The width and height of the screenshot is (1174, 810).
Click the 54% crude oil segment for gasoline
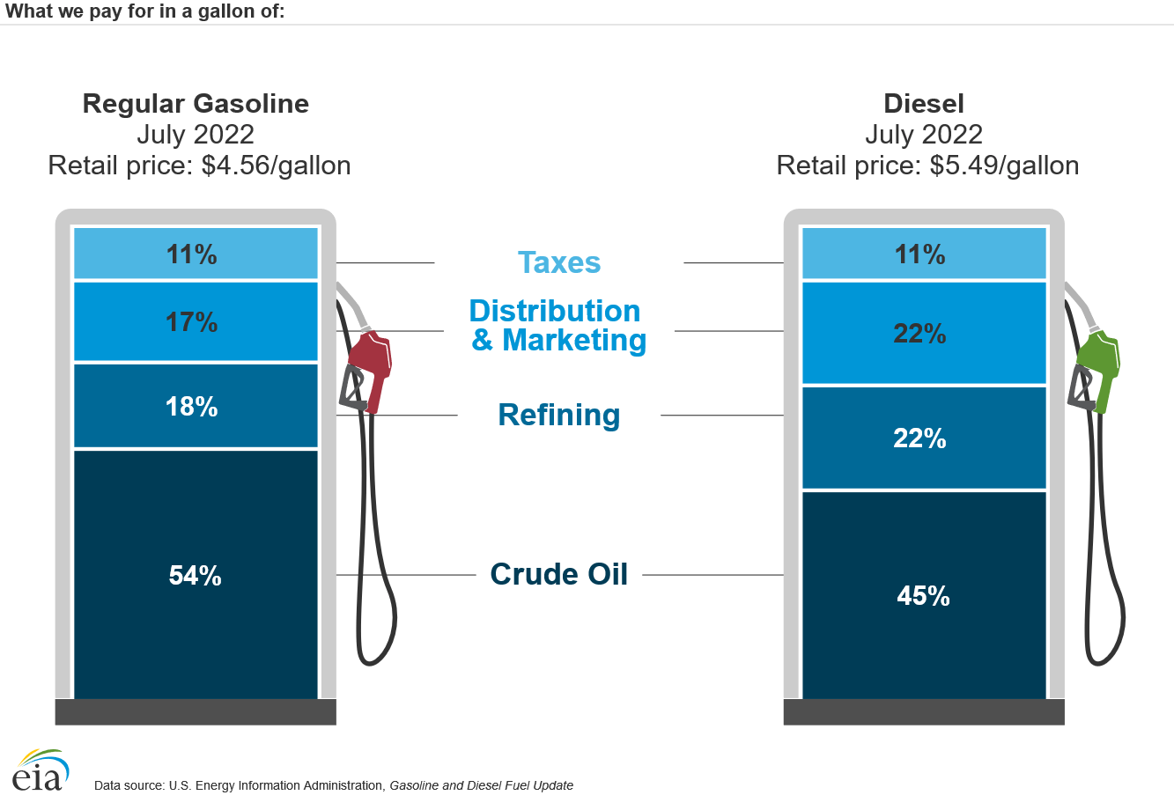pyautogui.click(x=196, y=574)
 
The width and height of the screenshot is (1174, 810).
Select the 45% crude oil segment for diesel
pyautogui.click(x=923, y=595)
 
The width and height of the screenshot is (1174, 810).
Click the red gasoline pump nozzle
pyautogui.click(x=371, y=366)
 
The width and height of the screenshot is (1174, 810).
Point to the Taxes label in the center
pyautogui.click(x=559, y=262)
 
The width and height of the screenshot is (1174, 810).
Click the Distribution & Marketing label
pyautogui.click(x=557, y=325)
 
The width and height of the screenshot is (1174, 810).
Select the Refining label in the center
pyautogui.click(x=559, y=415)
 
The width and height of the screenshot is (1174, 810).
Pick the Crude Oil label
pyautogui.click(x=559, y=574)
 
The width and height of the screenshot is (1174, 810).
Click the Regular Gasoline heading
pyautogui.click(x=196, y=104)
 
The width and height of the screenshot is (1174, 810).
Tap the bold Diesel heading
pyautogui.click(x=924, y=104)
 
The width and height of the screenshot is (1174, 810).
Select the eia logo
pyautogui.click(x=41, y=770)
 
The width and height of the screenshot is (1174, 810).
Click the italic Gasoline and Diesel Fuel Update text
pyautogui.click(x=481, y=785)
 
